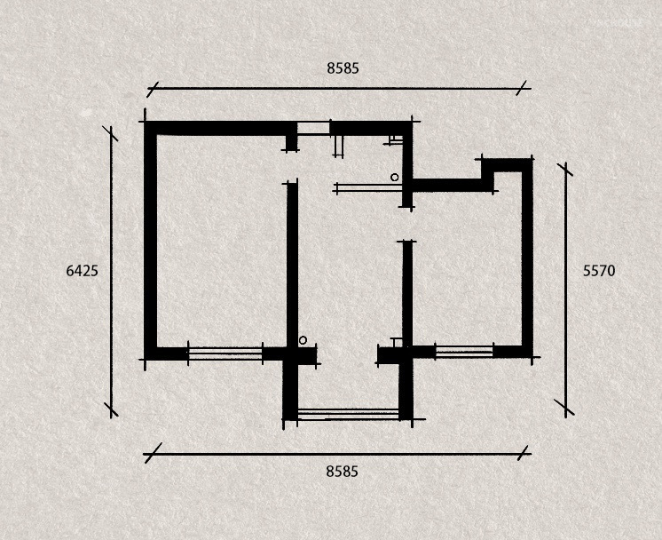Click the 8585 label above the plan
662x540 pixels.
[x=343, y=68]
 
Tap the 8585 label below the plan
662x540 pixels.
[x=342, y=471]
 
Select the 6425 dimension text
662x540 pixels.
[x=82, y=271]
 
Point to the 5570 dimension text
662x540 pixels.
[x=599, y=271]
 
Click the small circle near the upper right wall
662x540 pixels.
[x=394, y=178]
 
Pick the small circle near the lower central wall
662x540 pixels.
[x=303, y=340]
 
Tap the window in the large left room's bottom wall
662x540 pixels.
[x=225, y=353]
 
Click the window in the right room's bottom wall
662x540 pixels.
[x=463, y=352]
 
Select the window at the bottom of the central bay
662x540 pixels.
[x=349, y=414]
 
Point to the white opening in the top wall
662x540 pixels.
[x=313, y=128]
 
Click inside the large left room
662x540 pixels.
[x=222, y=241]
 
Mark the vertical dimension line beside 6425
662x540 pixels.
[x=112, y=272]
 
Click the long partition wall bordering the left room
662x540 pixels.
[x=292, y=266]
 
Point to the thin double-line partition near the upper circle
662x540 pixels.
[x=368, y=187]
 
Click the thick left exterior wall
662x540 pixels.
[x=150, y=241]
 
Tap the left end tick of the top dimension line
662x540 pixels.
[x=153, y=89]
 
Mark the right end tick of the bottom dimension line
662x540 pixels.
[x=523, y=453]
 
